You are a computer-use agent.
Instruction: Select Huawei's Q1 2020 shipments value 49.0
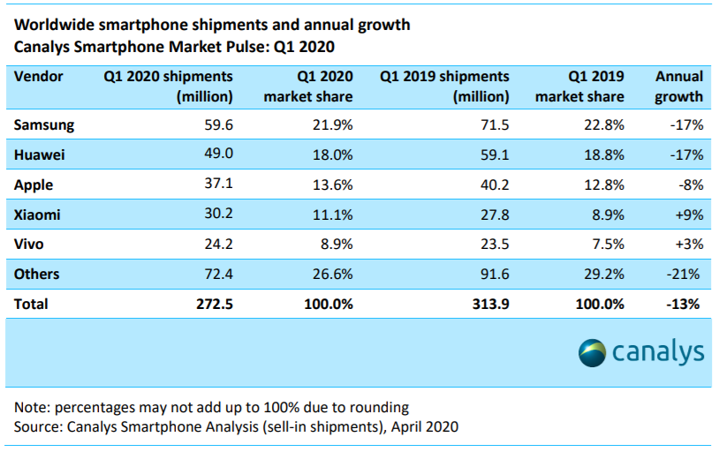pos(217,155)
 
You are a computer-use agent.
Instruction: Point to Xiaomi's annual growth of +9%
pos(687,215)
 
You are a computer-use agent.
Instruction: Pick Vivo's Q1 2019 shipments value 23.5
pos(493,245)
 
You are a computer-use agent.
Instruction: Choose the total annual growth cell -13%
pos(684,304)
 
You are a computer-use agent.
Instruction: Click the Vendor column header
pos(39,77)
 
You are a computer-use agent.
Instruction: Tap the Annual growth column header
pos(679,87)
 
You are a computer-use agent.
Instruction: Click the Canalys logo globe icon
pos(593,353)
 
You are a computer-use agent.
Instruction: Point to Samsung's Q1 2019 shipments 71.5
pos(493,125)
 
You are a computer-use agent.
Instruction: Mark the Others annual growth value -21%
pos(685,275)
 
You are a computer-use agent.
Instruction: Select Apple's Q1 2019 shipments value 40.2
pos(493,185)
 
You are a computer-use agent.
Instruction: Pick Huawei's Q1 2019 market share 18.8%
pos(602,155)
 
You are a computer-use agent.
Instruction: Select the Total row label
pos(32,304)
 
